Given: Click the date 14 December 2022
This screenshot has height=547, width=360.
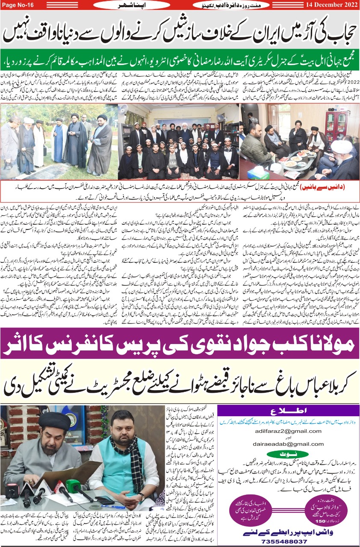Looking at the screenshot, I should [x=331, y=5].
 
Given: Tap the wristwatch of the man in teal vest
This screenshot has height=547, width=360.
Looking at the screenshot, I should [x=142, y=496].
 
